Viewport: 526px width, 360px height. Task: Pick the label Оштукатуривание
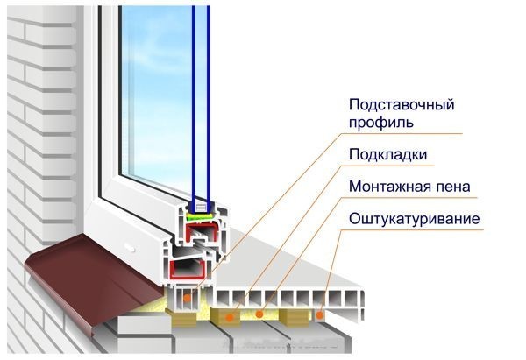point(414,217)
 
